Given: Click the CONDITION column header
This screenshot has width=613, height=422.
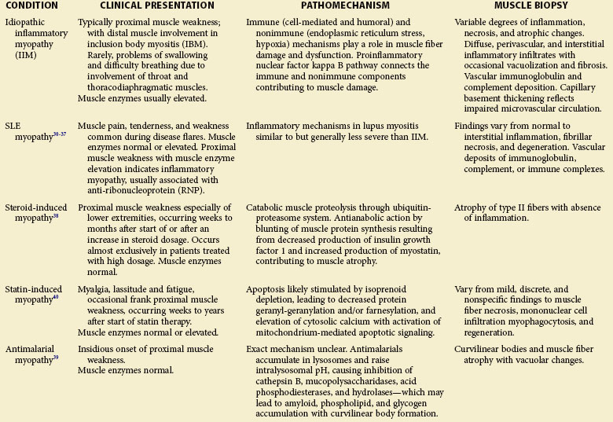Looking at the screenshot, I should (32, 6).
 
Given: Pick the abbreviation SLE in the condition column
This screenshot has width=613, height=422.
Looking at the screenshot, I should (13, 126).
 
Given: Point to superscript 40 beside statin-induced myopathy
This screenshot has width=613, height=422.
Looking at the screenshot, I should (57, 299).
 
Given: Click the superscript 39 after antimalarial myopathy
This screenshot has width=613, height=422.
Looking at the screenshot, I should (57, 358).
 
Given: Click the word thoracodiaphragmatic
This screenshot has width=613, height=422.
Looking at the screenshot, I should (131, 87).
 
